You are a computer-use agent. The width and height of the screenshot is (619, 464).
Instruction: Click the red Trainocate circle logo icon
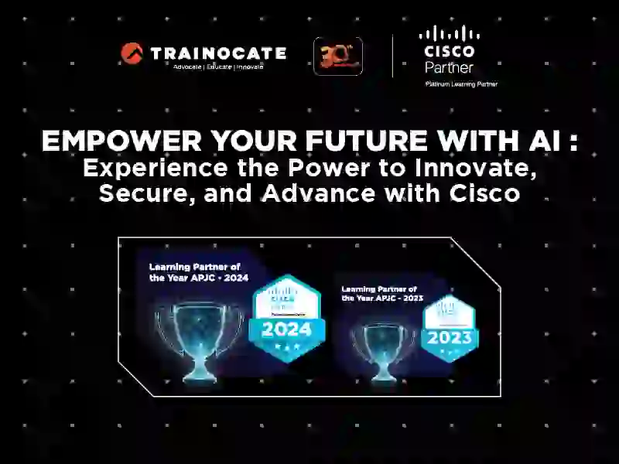point(132,53)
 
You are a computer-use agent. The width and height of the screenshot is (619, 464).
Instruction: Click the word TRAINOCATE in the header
point(218,53)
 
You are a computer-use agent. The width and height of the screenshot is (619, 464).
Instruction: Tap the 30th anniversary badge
point(338,56)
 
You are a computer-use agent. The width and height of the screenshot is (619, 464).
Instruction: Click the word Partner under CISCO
point(449,67)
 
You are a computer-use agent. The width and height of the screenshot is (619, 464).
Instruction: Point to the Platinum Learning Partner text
point(461,84)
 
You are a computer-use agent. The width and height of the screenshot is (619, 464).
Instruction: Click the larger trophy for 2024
point(198,340)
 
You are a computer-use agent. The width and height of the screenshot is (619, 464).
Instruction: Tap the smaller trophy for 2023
point(383,348)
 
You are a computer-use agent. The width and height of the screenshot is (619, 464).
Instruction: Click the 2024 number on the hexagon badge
point(286,329)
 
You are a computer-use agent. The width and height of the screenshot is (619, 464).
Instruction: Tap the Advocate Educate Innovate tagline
point(218,67)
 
